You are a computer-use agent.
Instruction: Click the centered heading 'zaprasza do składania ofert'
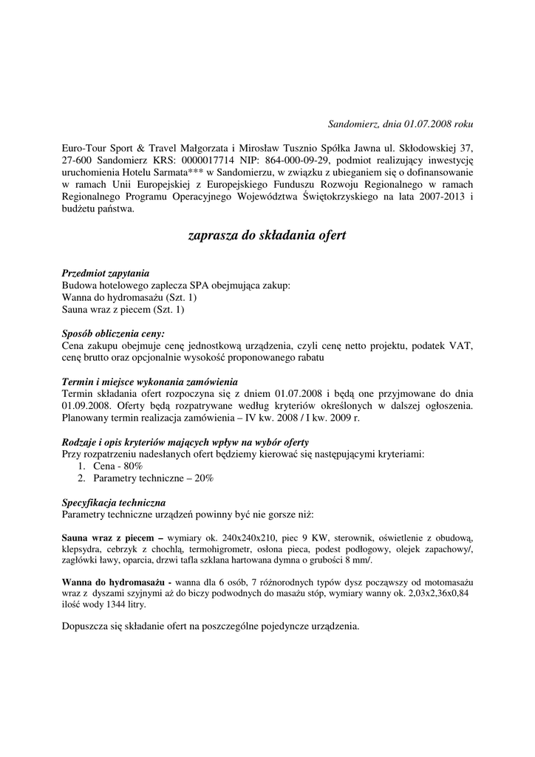pos(267,236)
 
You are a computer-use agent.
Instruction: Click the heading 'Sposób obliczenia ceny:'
pos(113,333)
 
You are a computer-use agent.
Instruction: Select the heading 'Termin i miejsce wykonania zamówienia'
pos(149,381)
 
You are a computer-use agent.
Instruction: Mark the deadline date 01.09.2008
pos(86,405)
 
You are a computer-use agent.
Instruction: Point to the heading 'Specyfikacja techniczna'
pos(113,502)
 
